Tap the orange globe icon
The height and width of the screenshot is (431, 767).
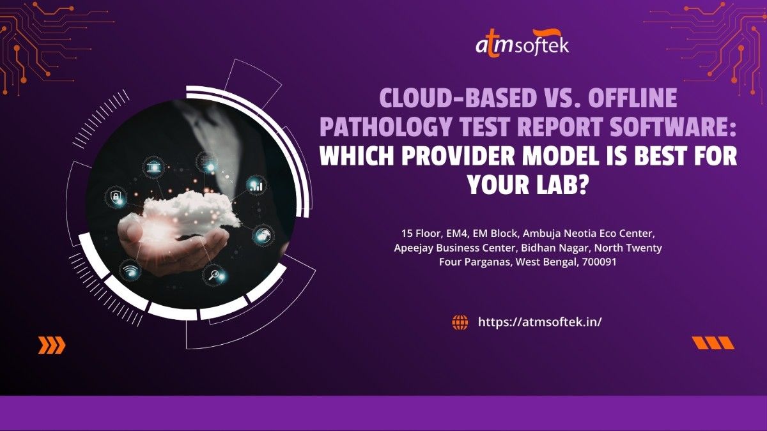[460, 322]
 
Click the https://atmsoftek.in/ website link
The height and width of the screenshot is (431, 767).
[539, 322]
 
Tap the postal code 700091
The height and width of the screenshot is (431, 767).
[599, 262]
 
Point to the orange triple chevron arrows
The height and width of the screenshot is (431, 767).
[52, 345]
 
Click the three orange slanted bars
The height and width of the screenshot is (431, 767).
[713, 343]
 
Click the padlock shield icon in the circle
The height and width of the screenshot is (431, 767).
[116, 197]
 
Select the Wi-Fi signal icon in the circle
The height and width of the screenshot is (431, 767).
[130, 271]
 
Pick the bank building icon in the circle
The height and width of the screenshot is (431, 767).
[152, 167]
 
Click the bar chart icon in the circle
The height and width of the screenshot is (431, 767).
[256, 185]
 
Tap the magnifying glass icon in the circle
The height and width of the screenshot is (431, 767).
[213, 275]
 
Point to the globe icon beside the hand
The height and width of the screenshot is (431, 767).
[263, 236]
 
